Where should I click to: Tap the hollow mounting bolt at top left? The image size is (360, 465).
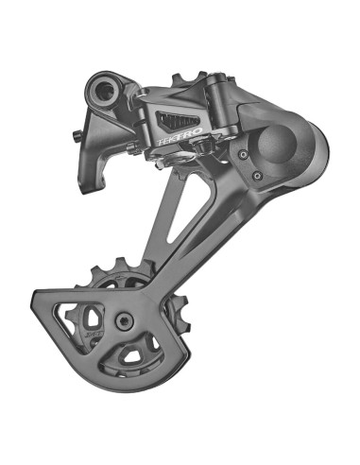(102, 91)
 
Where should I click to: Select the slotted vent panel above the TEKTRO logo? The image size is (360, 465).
(180, 120)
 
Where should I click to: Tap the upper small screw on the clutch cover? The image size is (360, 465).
(244, 152)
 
